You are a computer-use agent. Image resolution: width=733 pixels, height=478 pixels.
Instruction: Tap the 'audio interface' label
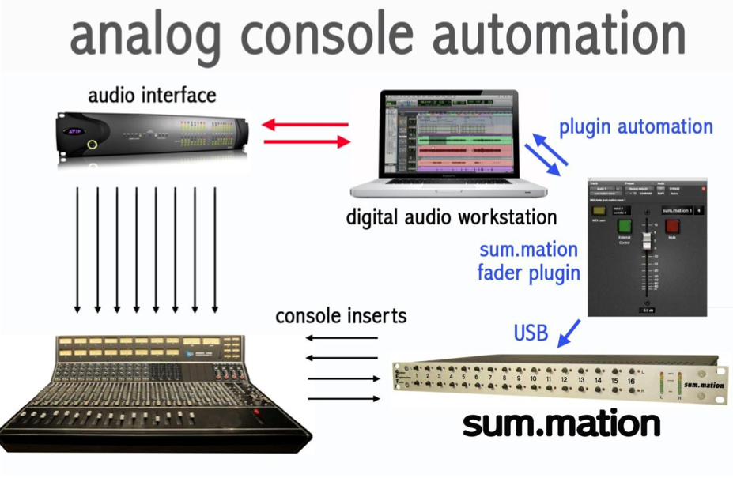(x=152, y=96)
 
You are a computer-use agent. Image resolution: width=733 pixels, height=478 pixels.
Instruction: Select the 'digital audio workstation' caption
(x=451, y=216)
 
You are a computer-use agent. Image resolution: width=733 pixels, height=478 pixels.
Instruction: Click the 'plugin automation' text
(x=636, y=127)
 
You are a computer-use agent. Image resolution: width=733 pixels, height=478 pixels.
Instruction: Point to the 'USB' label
(x=531, y=333)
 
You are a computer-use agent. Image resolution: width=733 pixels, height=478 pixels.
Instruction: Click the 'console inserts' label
(x=341, y=317)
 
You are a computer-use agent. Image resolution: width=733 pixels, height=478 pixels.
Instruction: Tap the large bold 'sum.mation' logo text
(x=561, y=424)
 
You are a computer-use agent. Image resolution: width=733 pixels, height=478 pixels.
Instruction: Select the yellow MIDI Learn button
(x=599, y=211)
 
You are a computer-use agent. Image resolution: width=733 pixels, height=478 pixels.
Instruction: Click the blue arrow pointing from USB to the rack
(x=569, y=333)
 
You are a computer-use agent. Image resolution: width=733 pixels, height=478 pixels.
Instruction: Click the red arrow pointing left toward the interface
(x=305, y=124)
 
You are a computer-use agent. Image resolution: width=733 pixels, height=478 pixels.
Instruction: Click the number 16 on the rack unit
(x=631, y=380)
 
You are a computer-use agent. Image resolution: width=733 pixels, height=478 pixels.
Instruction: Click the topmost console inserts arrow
(x=342, y=337)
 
